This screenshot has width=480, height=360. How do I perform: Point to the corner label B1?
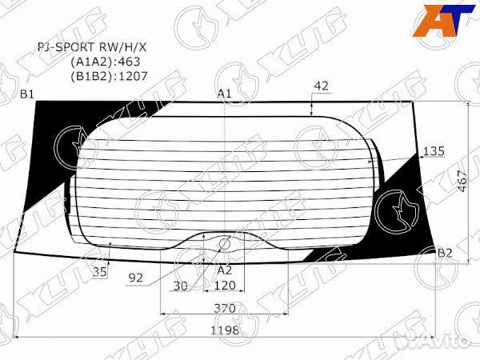[27, 94]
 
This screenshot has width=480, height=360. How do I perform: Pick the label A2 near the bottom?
[226, 270]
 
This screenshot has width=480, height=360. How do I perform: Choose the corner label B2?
[445, 254]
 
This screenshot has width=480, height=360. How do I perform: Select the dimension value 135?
[432, 151]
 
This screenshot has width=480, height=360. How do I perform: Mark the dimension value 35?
[100, 273]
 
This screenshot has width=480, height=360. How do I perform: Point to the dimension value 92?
[135, 279]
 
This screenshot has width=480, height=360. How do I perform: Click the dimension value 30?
[181, 286]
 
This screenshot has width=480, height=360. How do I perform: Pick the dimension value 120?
[226, 286]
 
